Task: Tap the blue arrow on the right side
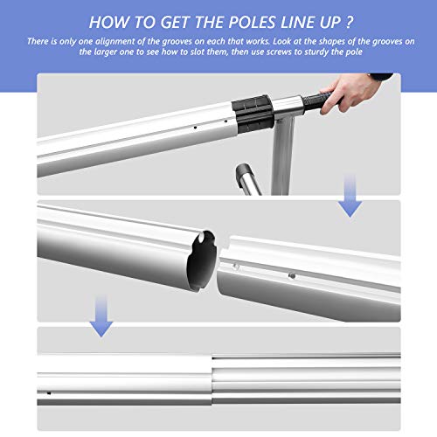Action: [x=350, y=203]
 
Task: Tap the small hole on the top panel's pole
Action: [x=191, y=128]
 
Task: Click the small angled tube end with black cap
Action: [x=247, y=174]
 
